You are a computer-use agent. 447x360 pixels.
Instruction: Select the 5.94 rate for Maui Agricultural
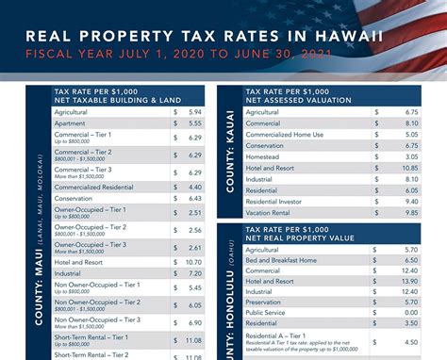(x=194, y=110)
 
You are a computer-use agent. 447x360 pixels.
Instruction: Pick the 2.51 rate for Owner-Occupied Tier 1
(x=194, y=212)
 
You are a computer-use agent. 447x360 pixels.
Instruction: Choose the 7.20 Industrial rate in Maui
(x=194, y=272)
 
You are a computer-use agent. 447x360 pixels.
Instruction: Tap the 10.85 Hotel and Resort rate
(x=408, y=167)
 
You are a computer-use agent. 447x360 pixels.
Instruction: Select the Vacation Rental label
(x=270, y=212)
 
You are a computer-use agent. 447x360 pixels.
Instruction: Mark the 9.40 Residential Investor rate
(x=410, y=201)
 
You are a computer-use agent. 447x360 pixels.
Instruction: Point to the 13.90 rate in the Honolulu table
(x=408, y=282)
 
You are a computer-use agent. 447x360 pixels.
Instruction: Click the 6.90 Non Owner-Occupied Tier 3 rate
(x=194, y=321)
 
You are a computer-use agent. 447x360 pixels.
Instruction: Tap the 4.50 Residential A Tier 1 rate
(x=410, y=342)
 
